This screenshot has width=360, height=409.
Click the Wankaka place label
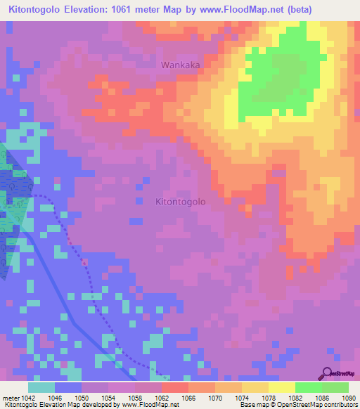click(x=180, y=65)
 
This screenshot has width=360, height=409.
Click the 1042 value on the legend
click(x=27, y=397)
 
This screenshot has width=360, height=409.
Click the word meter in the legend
click(x=10, y=397)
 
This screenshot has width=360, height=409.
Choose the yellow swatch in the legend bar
click(x=281, y=387)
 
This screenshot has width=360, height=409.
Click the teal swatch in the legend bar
click(x=41, y=387)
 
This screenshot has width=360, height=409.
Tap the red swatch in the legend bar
click(x=175, y=387)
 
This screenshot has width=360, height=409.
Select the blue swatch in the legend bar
click(x=68, y=387)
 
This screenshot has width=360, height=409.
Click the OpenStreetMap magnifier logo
click(x=327, y=372)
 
